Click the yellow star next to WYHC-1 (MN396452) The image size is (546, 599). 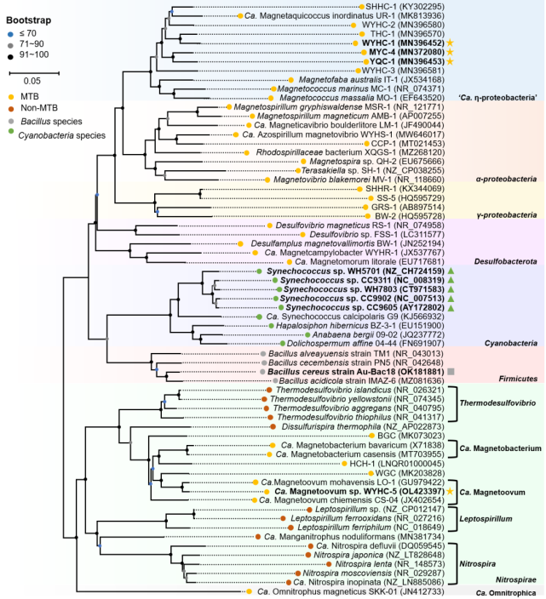[451, 43]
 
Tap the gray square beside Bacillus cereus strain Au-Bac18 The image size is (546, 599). [451, 372]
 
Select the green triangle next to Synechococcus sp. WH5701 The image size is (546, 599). [451, 271]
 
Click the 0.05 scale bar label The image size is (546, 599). [32, 81]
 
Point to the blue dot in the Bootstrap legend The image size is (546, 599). [11, 34]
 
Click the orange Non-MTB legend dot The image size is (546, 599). [11, 109]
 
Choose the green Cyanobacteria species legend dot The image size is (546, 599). [11, 131]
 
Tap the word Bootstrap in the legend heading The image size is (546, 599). [29, 20]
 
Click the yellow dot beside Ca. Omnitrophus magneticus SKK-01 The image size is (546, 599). [249, 591]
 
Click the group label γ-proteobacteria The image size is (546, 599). [507, 215]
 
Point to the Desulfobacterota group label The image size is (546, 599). [505, 262]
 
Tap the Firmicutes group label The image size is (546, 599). [518, 379]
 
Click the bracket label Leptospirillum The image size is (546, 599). [486, 519]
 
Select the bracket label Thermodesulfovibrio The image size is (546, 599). [497, 403]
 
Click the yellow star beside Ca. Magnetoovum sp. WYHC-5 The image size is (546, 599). [450, 491]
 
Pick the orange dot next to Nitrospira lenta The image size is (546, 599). [329, 564]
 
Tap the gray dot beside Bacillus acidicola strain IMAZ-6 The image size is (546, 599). [275, 381]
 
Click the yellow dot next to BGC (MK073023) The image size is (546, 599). [371, 436]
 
